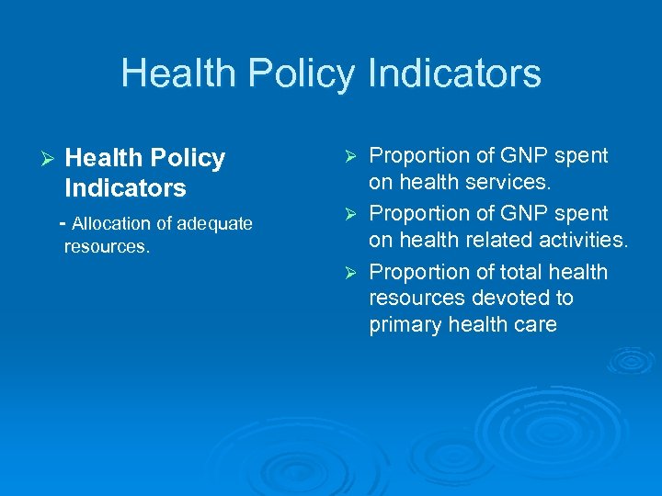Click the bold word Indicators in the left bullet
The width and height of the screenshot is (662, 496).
coord(125,188)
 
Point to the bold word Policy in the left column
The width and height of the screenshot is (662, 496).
coord(187,158)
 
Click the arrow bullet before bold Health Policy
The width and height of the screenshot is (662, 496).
coord(38,159)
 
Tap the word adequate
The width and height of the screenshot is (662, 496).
coord(215,223)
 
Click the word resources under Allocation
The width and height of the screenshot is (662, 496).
coord(106,246)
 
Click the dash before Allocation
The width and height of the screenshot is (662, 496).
coord(62,223)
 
